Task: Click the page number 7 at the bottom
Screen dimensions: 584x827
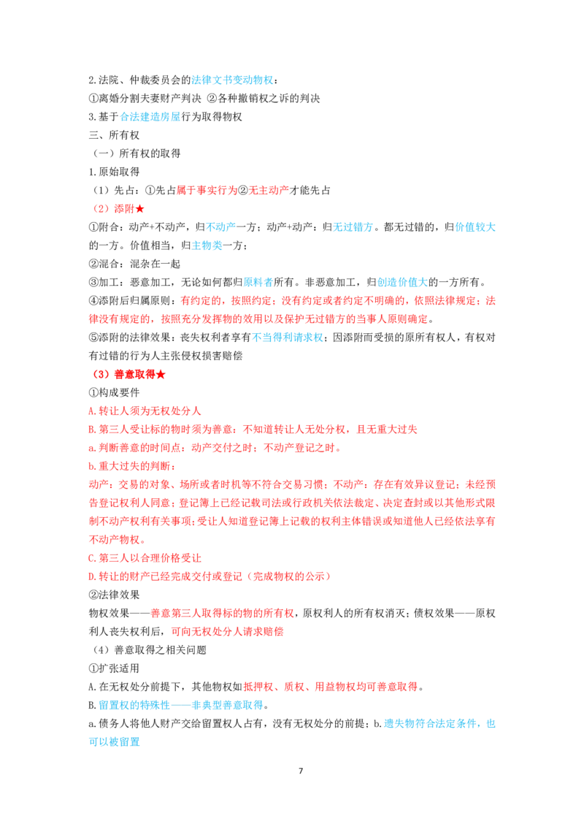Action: (x=301, y=771)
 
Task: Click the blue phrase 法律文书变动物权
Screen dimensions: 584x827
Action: (x=232, y=80)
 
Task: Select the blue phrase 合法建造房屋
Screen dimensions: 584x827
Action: (x=150, y=117)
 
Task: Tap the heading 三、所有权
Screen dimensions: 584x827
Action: (x=114, y=135)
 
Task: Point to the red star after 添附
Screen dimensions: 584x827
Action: (x=139, y=209)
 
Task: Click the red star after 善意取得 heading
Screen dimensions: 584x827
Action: (x=161, y=375)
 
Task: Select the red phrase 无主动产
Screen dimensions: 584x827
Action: (x=269, y=191)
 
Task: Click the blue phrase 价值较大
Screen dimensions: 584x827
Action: (x=475, y=227)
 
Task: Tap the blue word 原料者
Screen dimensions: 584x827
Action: (x=258, y=282)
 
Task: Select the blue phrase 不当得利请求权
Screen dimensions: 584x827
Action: (x=288, y=338)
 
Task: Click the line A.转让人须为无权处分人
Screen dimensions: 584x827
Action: (x=145, y=411)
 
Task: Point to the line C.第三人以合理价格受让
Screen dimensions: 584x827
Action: (x=145, y=558)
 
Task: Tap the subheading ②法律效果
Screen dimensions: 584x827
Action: (x=114, y=595)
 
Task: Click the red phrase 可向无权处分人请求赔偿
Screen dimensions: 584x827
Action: (x=227, y=631)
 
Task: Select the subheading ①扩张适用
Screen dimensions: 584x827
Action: (x=114, y=668)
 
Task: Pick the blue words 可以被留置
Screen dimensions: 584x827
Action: (x=115, y=742)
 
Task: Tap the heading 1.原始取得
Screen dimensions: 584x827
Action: (x=114, y=172)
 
